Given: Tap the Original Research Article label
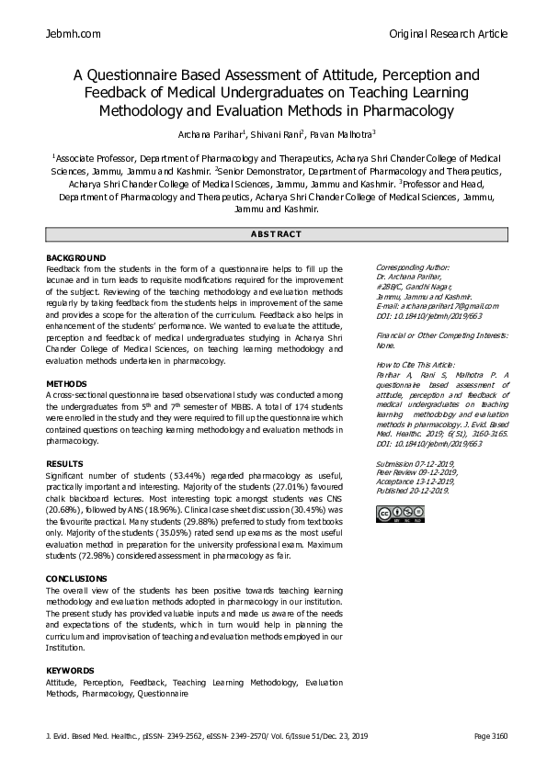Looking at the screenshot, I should [x=448, y=34].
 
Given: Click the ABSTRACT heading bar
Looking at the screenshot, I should [x=273, y=234].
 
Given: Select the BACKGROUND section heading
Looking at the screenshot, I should [x=75, y=257].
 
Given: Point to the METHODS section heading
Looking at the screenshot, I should [x=66, y=383].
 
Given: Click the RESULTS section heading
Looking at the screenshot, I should [x=64, y=464].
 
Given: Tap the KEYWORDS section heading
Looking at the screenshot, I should [x=70, y=671].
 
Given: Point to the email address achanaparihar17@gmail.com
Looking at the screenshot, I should [x=438, y=306].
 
